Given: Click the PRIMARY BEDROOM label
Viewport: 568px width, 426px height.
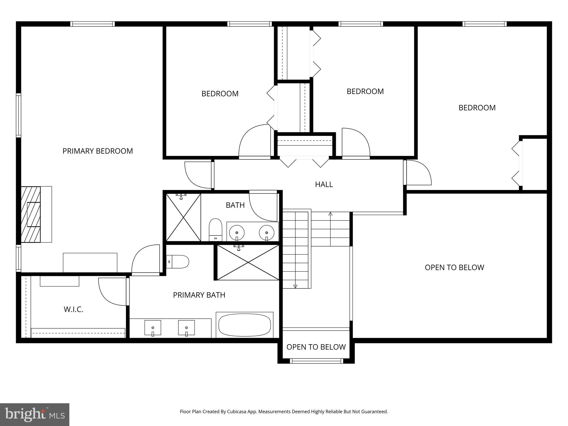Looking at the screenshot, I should point(98,151).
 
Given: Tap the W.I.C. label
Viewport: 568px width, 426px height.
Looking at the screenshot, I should point(73,310).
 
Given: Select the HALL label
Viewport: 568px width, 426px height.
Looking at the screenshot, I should point(324,184).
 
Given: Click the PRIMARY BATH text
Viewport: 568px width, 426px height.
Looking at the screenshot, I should point(199,295).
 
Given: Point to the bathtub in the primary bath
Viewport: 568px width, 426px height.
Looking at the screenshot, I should point(245,325).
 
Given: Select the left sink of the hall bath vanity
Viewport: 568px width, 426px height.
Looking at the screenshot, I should point(237,232).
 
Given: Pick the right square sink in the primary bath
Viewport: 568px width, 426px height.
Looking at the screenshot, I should point(186,328).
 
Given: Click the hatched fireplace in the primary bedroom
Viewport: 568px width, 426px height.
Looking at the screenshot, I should point(31,214).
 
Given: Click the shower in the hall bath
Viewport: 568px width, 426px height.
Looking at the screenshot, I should point(183,217).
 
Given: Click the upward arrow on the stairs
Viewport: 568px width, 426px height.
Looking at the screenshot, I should point(330,214).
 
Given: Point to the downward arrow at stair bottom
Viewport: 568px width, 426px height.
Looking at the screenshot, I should point(295,286).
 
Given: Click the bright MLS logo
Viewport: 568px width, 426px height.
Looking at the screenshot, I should point(35,414).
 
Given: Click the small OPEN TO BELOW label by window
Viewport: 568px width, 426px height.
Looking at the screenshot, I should point(316,347).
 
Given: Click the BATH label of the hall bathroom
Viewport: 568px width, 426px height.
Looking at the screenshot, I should point(235,205).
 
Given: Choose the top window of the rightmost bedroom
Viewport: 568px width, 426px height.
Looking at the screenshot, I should point(485,24).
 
